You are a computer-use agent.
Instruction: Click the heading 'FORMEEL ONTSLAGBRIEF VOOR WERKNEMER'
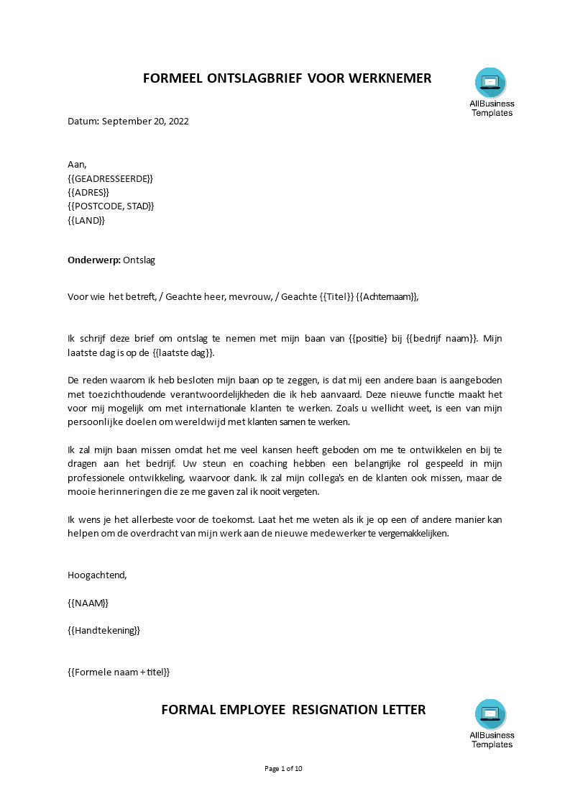(287, 78)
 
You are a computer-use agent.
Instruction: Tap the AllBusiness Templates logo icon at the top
(491, 83)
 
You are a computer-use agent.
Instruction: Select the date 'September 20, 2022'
(145, 122)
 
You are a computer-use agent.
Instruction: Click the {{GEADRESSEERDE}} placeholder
(110, 178)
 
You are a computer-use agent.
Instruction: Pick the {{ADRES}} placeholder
(88, 192)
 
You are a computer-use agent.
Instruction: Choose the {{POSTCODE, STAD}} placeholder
(111, 206)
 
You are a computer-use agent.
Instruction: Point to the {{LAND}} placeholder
(86, 220)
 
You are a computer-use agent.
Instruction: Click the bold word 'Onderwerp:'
(93, 260)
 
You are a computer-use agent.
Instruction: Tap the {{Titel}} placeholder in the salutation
(336, 297)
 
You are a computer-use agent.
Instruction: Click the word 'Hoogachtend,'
(97, 575)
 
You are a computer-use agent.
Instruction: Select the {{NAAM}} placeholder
(88, 603)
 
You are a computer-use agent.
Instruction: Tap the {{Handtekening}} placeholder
(104, 631)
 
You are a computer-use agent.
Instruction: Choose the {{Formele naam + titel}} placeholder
(119, 672)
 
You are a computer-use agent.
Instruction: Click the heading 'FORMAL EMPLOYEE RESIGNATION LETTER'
(293, 710)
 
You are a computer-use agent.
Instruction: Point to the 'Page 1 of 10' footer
(284, 769)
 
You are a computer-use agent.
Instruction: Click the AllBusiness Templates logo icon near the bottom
(491, 714)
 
